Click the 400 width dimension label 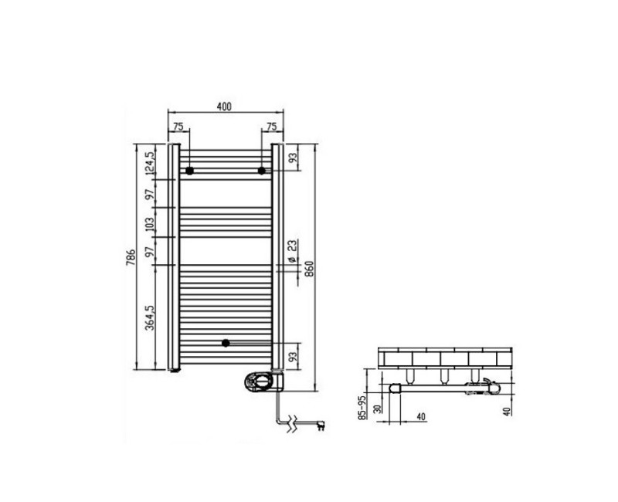(225, 107)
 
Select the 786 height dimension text (133, 255)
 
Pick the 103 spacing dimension (151, 224)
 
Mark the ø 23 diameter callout (292, 252)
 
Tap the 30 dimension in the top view (379, 409)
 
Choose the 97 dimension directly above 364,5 (151, 250)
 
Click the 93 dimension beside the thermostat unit (292, 357)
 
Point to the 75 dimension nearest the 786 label (177, 127)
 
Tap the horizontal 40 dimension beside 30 (422, 418)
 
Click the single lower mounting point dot (226, 343)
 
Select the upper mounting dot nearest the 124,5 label (189, 170)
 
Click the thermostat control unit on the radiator (261, 379)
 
